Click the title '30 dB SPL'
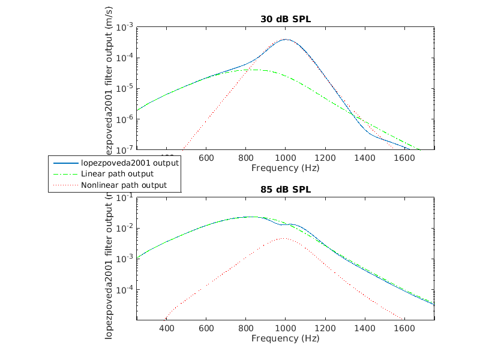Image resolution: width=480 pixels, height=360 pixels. point(286,19)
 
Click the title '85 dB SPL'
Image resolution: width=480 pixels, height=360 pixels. point(286,190)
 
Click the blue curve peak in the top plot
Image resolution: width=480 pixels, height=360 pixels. point(286,40)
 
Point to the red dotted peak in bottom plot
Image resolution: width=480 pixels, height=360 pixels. point(284,238)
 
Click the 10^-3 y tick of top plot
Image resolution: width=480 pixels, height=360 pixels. point(125,28)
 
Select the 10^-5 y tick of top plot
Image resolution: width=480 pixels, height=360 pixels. point(125,89)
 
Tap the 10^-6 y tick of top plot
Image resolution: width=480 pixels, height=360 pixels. point(125,119)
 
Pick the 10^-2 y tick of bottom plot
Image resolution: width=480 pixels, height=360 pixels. point(125,229)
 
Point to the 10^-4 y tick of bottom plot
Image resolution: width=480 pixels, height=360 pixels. point(125,290)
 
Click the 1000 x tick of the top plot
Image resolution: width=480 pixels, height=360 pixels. point(286,158)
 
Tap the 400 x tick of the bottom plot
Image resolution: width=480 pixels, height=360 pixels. point(167,329)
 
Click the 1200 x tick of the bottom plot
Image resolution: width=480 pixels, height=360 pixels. point(325,329)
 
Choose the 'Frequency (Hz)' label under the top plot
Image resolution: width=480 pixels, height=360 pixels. point(286,169)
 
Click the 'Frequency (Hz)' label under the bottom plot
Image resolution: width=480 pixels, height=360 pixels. point(286,339)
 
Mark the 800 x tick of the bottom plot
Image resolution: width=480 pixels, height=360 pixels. point(246,329)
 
